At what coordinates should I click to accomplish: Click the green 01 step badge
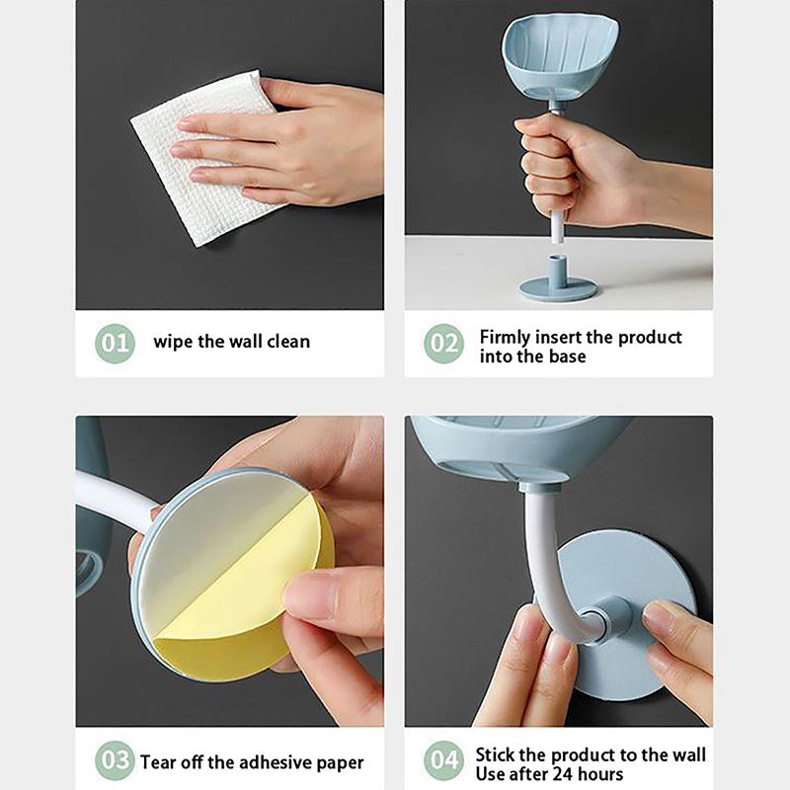click(x=115, y=344)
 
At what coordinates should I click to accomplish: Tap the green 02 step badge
click(x=443, y=344)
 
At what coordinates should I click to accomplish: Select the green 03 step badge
click(x=115, y=760)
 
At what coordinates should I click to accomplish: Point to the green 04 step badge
click(x=443, y=760)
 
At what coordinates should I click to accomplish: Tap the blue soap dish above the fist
click(x=559, y=58)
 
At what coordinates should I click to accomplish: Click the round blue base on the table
click(x=558, y=282)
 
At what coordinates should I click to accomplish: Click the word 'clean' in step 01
click(x=288, y=342)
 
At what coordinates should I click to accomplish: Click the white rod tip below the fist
click(x=557, y=235)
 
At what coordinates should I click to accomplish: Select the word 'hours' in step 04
click(x=600, y=774)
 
